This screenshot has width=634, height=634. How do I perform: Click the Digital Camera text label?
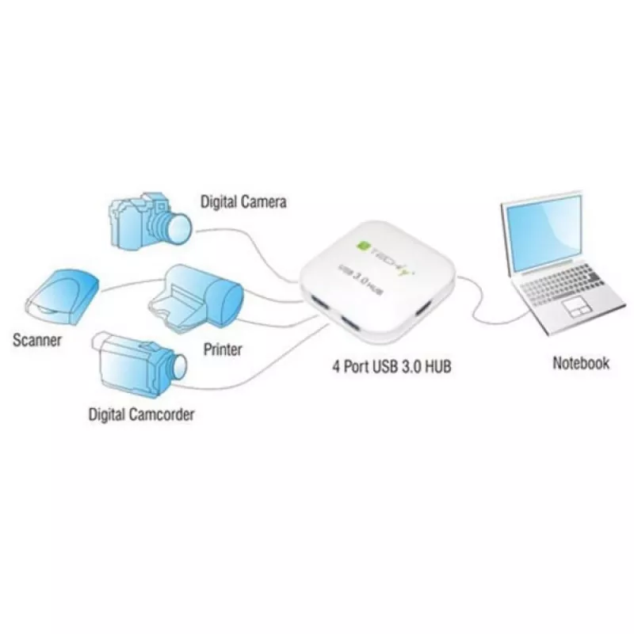pos(243,202)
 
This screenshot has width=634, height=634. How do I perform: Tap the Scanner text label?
pos(37,340)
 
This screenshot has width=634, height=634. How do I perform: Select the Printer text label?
pos(223,349)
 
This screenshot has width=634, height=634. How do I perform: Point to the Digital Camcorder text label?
pos(142,414)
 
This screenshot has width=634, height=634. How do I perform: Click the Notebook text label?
pos(581,363)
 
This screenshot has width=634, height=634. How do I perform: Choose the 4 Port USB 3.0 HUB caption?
pos(391,366)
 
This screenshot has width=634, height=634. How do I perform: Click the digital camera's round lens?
pos(178,227)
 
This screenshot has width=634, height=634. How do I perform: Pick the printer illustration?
pos(196,299)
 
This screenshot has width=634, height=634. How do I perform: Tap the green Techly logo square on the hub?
pos(362,245)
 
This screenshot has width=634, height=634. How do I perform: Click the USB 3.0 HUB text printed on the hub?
pos(361,278)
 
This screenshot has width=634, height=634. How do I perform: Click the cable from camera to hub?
pos(250,247)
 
